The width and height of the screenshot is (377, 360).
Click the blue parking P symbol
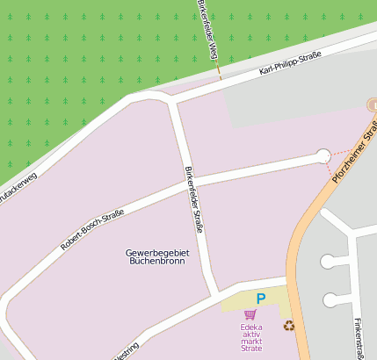pos(260,299)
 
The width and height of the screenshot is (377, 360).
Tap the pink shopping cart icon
pos(250,314)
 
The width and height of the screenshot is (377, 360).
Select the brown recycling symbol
pos(289,326)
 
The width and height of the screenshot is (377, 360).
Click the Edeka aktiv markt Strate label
pos(251,338)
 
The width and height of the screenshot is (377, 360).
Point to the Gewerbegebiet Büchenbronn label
pos(157,256)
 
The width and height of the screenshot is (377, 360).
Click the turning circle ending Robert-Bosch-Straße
pos(323,156)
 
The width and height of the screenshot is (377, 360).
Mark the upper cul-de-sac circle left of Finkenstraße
pos(328,261)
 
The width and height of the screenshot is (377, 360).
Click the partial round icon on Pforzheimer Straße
pos(373,105)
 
